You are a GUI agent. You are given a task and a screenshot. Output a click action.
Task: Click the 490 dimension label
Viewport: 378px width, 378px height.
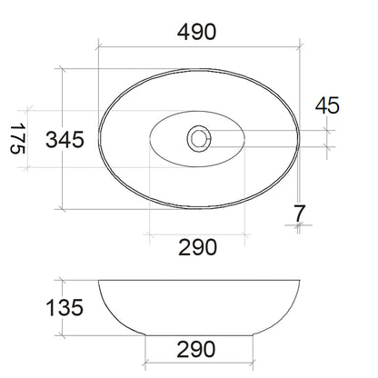point(197,32)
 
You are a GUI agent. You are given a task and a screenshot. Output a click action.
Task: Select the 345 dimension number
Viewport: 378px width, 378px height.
point(65,140)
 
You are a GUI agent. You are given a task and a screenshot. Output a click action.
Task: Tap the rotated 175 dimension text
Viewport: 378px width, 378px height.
point(18,139)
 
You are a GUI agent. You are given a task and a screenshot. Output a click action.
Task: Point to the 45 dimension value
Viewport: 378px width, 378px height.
point(327,105)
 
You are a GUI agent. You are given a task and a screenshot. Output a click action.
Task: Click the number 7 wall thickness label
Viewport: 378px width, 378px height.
point(300,213)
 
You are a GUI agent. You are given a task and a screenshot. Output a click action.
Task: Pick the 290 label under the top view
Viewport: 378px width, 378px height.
point(197,247)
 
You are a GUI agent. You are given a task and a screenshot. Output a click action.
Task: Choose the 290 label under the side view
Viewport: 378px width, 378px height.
point(196,350)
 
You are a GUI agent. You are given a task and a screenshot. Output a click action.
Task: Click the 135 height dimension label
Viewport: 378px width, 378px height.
point(65,308)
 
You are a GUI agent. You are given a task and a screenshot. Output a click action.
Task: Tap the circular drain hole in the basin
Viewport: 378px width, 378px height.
point(199,139)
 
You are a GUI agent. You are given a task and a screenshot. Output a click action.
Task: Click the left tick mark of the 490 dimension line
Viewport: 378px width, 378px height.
point(98,47)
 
